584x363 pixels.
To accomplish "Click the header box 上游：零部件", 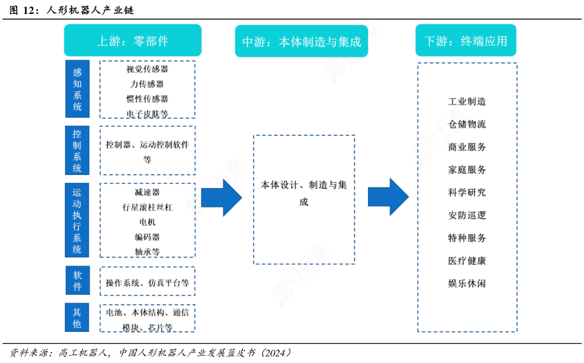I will [133, 40].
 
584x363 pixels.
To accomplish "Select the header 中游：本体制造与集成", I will [302, 40].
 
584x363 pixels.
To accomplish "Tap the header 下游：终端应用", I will [466, 40].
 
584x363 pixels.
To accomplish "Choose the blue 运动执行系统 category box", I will [77, 221].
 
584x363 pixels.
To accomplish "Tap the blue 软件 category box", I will [77, 281].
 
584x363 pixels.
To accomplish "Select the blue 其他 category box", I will [77, 318].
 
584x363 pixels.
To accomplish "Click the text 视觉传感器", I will [147, 69].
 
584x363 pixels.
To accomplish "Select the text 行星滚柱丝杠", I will [147, 207].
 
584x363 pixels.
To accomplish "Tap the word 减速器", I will [147, 192].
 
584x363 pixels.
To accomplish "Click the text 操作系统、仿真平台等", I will [147, 282].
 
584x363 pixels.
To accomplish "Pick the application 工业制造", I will [467, 101].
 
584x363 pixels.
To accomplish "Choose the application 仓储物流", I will [467, 124].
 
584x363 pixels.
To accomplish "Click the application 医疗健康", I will [467, 260].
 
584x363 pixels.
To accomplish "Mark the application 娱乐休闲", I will [467, 283].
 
